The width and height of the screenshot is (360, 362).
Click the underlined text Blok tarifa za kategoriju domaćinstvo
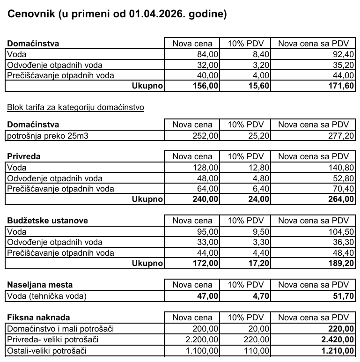[x=75, y=108]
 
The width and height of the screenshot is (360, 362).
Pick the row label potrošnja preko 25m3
[x=42, y=136]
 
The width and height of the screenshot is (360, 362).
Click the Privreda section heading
[x=24, y=156]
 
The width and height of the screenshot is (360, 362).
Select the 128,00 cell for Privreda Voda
[x=206, y=167]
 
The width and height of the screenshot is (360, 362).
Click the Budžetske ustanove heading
[x=48, y=221]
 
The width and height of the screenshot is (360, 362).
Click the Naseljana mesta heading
[x=40, y=285]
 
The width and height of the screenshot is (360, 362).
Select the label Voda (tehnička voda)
[x=47, y=296]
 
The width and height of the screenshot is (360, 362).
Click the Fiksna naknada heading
[x=37, y=318]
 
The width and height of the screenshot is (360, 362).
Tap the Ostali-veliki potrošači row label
[x=47, y=350]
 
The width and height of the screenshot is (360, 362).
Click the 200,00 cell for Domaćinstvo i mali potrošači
[x=206, y=329]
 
